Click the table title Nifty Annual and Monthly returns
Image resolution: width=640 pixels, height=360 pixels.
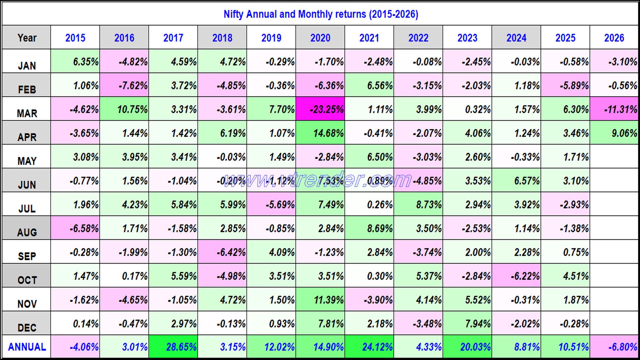(x=320, y=14)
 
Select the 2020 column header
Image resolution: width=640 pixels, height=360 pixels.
(x=320, y=38)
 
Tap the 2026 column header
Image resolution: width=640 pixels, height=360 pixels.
(x=614, y=38)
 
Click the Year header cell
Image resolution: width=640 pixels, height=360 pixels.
(x=27, y=38)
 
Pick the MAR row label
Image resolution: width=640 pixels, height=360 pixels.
(x=27, y=113)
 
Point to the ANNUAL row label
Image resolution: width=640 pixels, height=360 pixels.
(x=27, y=347)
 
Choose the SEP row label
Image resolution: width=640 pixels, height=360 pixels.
(x=27, y=256)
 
